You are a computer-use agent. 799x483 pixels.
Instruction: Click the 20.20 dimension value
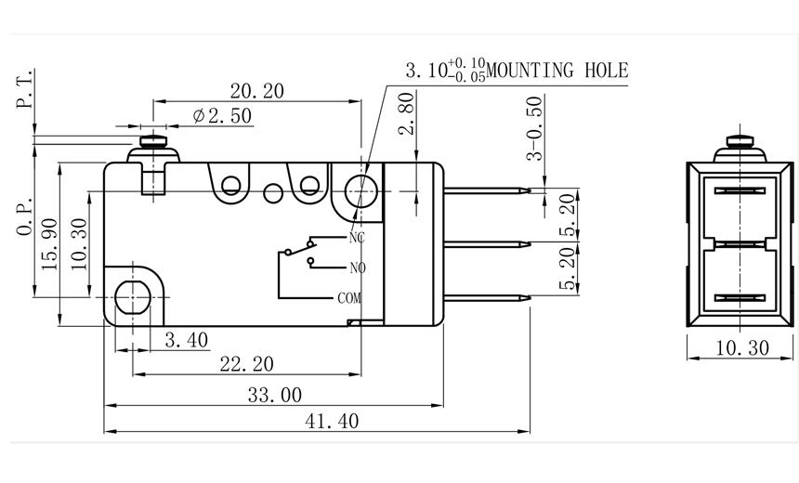pyautogui.click(x=257, y=90)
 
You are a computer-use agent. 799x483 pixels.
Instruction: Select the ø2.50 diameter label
pyautogui.click(x=222, y=116)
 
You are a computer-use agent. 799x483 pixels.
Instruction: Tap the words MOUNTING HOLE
pyautogui.click(x=558, y=70)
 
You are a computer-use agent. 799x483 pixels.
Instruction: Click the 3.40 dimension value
pyautogui.click(x=186, y=341)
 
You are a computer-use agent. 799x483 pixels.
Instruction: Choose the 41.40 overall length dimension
pyautogui.click(x=332, y=421)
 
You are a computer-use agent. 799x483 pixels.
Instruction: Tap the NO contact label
pyautogui.click(x=357, y=268)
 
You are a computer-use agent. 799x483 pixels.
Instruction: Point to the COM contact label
pyautogui.click(x=349, y=298)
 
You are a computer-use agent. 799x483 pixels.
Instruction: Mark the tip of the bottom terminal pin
pyautogui.click(x=529, y=298)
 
